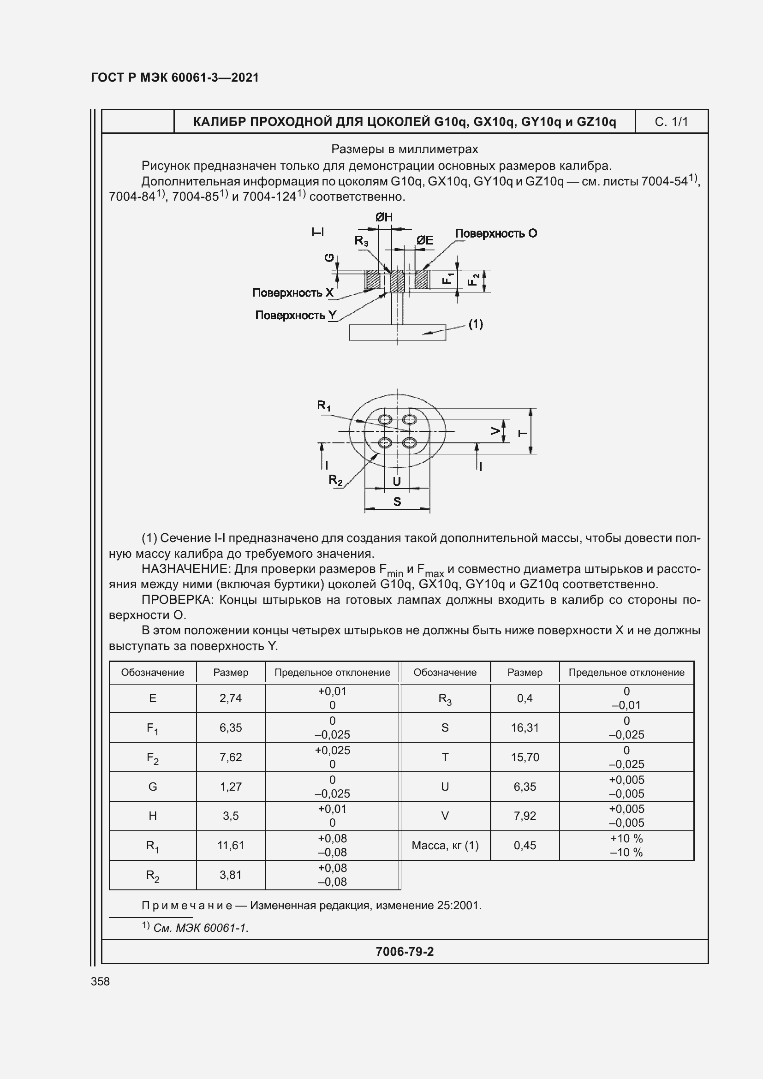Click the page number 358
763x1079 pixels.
100,981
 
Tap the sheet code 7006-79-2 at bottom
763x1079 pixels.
405,952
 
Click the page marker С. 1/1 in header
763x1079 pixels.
671,122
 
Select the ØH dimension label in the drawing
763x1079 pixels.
384,217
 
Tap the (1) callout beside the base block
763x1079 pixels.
476,324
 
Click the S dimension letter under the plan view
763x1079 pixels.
397,501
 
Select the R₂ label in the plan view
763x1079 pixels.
335,480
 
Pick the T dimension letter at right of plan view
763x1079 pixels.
523,433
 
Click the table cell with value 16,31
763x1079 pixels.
525,727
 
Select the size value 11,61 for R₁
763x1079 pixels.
231,846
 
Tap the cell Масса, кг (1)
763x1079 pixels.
445,846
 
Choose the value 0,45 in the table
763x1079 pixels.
525,846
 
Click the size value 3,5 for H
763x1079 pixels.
231,816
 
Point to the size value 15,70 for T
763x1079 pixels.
525,757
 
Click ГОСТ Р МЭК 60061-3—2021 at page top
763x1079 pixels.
175,77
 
